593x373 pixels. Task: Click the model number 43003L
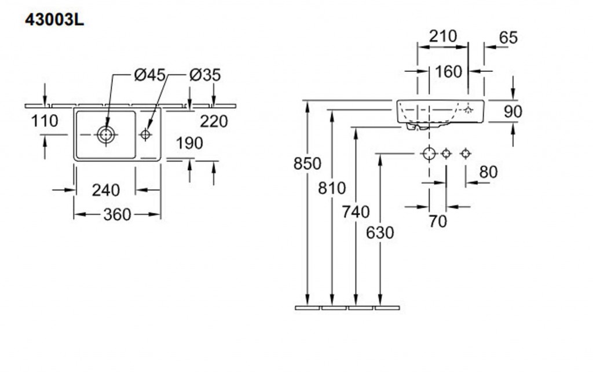click(54, 20)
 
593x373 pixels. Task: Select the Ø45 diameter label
click(149, 75)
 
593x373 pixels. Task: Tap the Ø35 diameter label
click(205, 75)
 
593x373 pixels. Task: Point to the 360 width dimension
click(117, 214)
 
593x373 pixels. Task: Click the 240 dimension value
click(106, 189)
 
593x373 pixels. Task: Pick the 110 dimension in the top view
click(45, 121)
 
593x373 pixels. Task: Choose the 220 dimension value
click(214, 121)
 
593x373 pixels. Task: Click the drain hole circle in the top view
click(106, 135)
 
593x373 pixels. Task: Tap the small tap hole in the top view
click(145, 135)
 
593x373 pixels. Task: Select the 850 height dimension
click(307, 164)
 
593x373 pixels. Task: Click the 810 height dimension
click(332, 188)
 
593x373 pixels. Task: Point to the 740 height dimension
click(356, 212)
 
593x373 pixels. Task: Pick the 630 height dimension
click(380, 233)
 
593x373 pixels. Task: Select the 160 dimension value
click(448, 71)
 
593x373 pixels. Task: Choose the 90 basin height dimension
click(513, 112)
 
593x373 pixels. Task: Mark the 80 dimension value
click(488, 172)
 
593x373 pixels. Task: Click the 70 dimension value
click(438, 221)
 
